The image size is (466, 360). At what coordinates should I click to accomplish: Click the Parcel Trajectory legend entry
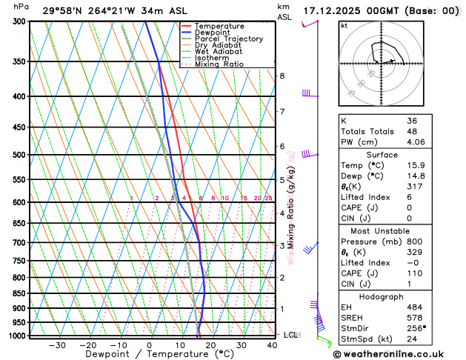227,39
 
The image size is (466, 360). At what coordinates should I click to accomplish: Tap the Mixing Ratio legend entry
219,64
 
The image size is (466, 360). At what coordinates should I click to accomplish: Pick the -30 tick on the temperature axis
57,345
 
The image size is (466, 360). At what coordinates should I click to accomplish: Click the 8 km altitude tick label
282,76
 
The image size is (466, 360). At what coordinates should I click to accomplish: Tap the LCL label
290,335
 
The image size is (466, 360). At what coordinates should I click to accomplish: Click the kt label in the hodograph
344,25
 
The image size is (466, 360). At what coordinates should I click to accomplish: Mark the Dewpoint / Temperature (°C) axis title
148,355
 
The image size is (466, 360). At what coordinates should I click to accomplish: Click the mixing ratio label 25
268,198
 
